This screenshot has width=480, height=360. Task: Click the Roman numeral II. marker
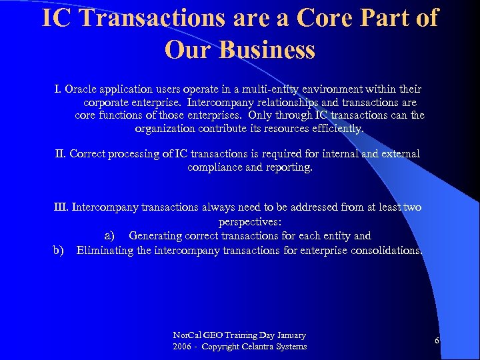tap(61, 154)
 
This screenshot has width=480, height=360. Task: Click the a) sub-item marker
tap(111, 235)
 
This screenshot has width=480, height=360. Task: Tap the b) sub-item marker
tap(59, 250)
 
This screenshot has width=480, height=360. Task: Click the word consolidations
tap(386, 250)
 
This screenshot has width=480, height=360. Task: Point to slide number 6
tap(437, 341)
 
